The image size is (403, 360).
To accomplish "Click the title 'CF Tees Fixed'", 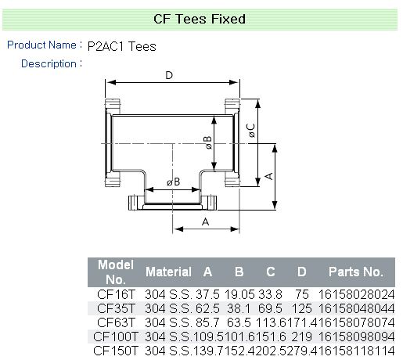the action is (x=200, y=19).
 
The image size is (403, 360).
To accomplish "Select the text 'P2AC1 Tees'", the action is (x=122, y=46).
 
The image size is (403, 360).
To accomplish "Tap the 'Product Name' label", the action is (x=41, y=45).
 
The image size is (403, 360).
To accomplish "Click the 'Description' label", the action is (x=49, y=63).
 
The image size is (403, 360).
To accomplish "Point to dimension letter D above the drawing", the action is (x=169, y=75).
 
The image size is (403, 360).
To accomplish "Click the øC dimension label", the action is (x=251, y=131).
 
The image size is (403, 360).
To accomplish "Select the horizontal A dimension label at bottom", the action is (x=206, y=222).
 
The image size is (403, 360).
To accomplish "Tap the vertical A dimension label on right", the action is (x=268, y=176).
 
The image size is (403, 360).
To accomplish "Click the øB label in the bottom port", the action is (x=174, y=182).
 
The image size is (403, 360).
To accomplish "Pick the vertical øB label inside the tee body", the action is (x=208, y=142).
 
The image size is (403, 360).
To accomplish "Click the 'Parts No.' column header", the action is (x=356, y=272).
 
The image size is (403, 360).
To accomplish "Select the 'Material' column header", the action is (x=168, y=272).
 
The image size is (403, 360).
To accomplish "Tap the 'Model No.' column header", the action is (x=116, y=272).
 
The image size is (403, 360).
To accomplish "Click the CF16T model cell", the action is (x=116, y=294).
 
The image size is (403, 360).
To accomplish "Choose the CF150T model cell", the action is (x=115, y=351).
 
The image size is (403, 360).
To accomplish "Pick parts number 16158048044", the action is (x=357, y=308).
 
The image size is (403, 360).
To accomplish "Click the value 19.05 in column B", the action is (x=239, y=294).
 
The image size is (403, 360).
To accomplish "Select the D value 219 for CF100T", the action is (x=302, y=337).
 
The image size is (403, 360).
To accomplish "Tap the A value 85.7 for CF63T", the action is (x=207, y=322).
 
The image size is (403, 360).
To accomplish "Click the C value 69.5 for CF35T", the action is (x=270, y=308).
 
